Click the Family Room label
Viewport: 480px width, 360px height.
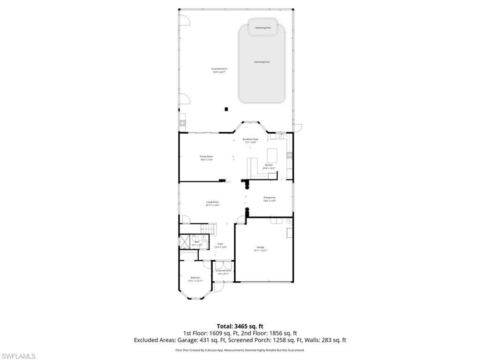(206, 158)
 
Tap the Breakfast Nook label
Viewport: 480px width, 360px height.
(250, 141)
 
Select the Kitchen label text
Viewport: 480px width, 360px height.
(269, 166)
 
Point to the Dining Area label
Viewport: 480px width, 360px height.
(269, 199)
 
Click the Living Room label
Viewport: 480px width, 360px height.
(212, 203)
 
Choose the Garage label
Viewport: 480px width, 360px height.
(260, 248)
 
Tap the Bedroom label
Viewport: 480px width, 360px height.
(195, 279)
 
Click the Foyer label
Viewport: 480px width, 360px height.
(220, 246)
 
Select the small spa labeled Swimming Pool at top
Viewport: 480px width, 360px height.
(262, 27)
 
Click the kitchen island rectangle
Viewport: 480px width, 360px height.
(272, 155)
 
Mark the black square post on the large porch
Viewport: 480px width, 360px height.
(226, 109)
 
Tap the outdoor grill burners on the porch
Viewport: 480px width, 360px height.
(182, 123)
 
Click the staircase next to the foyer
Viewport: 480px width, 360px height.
(207, 228)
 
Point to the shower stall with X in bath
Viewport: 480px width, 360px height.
(185, 241)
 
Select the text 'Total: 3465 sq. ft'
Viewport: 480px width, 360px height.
(240, 326)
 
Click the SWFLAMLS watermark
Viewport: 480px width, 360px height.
(18, 356)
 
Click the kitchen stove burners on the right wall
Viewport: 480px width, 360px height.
(290, 155)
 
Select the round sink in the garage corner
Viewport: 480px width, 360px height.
(289, 221)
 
